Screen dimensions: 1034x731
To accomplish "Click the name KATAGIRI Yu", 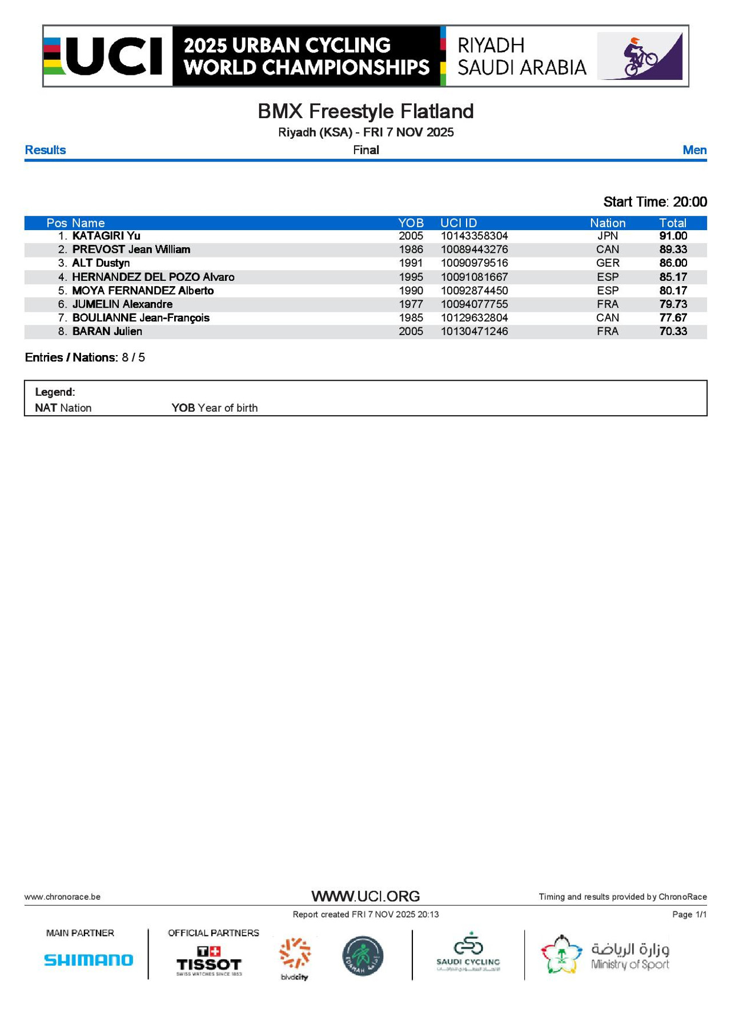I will click(106, 236).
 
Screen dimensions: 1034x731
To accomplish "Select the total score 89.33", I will click(673, 250).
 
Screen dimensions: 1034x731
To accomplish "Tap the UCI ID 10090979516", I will click(474, 263).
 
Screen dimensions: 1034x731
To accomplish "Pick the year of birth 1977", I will click(411, 304).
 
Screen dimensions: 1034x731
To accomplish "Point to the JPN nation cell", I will click(607, 236).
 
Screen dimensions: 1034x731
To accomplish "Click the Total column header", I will click(672, 223).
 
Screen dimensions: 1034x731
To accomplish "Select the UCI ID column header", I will click(458, 223).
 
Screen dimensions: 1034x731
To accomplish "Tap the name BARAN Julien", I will click(107, 332).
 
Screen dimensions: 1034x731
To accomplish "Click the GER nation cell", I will click(607, 263).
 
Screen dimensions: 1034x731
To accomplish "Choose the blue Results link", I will click(45, 150).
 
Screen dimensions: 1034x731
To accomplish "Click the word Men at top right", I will click(694, 150).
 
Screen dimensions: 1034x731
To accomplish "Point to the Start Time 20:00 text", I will click(655, 202).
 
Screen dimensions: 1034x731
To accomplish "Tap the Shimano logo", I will click(89, 960).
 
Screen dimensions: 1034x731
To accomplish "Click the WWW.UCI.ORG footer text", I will click(365, 896).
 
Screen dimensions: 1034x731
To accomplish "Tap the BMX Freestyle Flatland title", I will click(365, 111).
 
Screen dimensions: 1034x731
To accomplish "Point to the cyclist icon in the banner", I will click(640, 57).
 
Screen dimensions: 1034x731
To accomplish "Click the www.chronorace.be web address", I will click(62, 897).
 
